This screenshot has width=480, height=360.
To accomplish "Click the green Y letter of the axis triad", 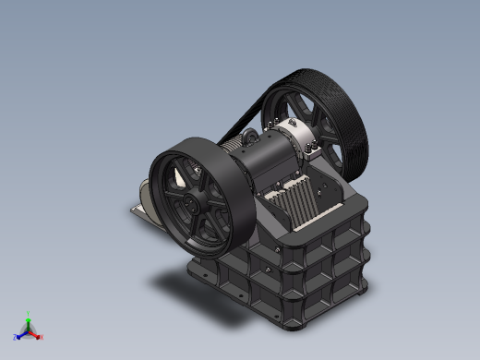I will pos(29,313).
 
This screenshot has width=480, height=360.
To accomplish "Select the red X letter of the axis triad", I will pos(42,337).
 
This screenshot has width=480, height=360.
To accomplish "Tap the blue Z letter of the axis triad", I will pos(16,337).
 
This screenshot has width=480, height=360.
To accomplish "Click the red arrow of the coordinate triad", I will pos(36,333).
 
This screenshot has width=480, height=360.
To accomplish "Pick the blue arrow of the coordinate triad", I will pos(21,333).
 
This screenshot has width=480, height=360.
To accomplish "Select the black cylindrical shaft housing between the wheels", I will pos(268,157).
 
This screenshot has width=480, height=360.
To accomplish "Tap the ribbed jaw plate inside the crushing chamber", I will pos(295,203).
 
